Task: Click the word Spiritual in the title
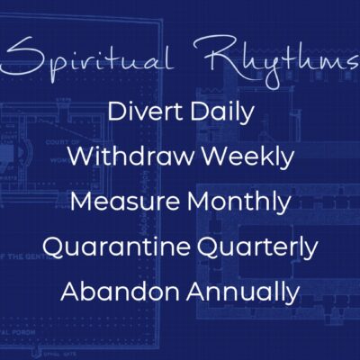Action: pyautogui.click(x=87, y=58)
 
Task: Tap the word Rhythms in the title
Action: pyautogui.click(x=277, y=61)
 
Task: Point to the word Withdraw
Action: pyautogui.click(x=130, y=157)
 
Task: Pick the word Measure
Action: pyautogui.click(x=126, y=202)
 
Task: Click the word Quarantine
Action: pyautogui.click(x=116, y=247)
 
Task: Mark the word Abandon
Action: pyautogui.click(x=120, y=292)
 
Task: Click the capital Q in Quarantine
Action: pyautogui.click(x=53, y=247)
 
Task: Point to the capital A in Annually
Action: pyautogui.click(x=196, y=292)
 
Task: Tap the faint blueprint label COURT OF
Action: pyautogui.click(x=62, y=142)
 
